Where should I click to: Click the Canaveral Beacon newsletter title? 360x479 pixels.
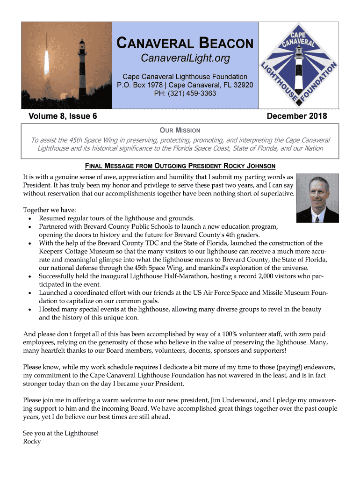[185, 44]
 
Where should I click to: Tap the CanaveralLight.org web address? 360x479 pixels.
[185, 58]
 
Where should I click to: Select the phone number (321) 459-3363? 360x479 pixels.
[185, 93]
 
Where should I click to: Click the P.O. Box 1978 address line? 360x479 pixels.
[185, 85]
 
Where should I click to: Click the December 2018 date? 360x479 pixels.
[296, 116]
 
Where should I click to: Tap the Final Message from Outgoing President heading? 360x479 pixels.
[180, 166]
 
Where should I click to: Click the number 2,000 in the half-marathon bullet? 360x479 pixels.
[249, 276]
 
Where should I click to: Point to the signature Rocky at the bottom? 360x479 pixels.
[32, 441]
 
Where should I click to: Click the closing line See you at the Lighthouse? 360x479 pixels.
[61, 433]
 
